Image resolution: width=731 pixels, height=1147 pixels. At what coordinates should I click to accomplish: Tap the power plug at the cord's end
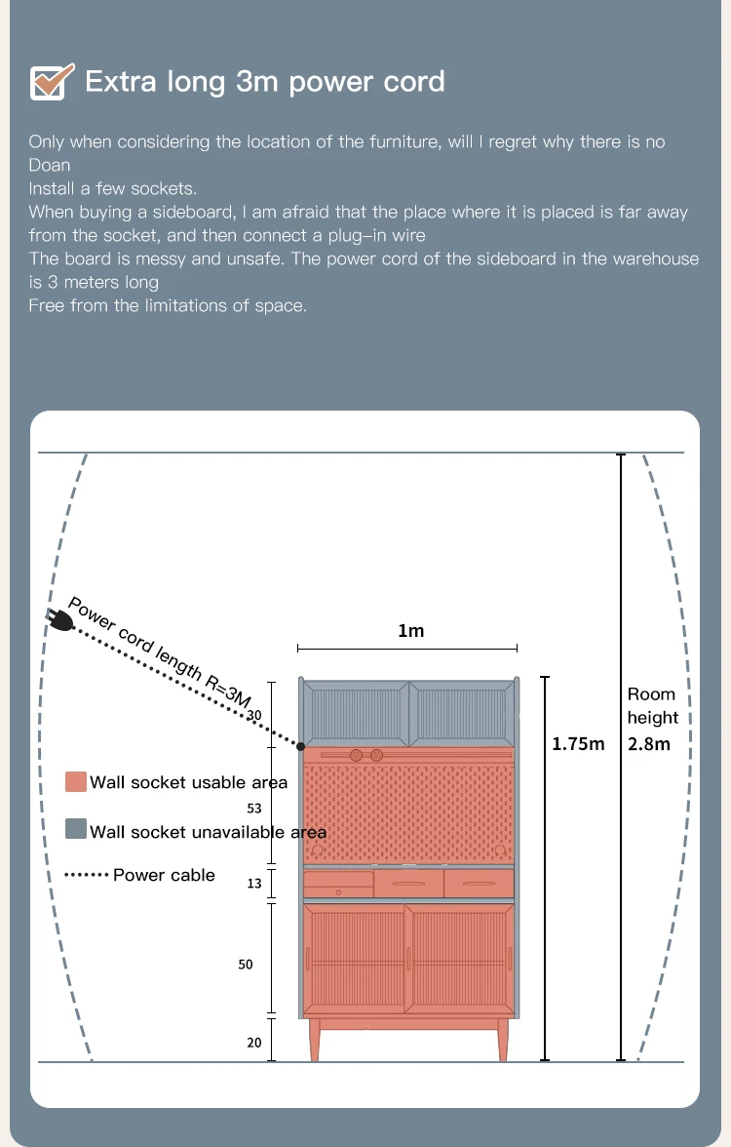(x=59, y=619)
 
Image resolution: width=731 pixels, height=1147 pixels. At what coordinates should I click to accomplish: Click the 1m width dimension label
(x=411, y=631)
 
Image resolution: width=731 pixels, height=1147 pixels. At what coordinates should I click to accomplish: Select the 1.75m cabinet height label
(x=578, y=744)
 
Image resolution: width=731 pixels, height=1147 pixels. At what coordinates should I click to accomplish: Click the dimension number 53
(x=254, y=808)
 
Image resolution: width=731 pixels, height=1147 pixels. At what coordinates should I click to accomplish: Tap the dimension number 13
(x=254, y=883)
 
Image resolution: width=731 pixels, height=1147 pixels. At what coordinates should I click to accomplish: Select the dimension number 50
(x=246, y=965)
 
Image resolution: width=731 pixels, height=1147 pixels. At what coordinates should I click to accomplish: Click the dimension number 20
(x=254, y=1043)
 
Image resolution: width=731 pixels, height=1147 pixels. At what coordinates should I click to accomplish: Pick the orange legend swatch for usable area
(x=76, y=782)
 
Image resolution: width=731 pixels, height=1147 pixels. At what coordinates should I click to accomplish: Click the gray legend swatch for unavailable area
(x=76, y=829)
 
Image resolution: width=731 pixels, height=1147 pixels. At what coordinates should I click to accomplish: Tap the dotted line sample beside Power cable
(x=86, y=875)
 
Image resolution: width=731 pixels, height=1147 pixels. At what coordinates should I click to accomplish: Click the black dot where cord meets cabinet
(x=301, y=746)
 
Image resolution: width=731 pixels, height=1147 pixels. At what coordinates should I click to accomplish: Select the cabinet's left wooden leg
(x=315, y=1040)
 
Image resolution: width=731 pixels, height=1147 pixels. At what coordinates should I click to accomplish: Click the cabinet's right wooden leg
(x=503, y=1040)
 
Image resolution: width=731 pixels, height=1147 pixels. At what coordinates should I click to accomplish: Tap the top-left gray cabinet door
(x=356, y=713)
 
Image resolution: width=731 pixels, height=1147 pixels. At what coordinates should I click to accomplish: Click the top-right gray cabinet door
(x=461, y=713)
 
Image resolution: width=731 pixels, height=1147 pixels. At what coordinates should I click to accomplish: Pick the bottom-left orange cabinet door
(x=355, y=961)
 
